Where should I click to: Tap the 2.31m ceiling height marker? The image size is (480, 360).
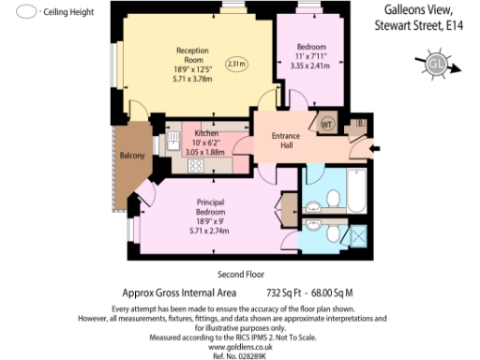[x=236, y=65]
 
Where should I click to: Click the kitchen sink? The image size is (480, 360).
[x=174, y=142]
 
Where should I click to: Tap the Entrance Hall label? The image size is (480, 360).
[x=286, y=141]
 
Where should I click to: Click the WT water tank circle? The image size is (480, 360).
[x=328, y=122]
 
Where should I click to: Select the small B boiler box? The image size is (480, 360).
[x=361, y=123]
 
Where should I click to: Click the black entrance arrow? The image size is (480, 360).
[x=376, y=147]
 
